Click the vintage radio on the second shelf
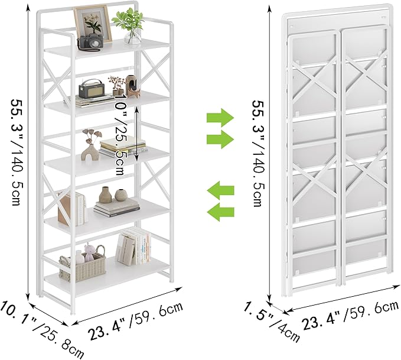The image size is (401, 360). (92, 90)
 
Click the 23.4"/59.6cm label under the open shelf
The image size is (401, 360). (136, 319)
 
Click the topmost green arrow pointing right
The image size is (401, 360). (220, 116)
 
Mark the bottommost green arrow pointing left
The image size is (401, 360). (220, 212)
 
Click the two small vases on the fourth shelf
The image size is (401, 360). (113, 194)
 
